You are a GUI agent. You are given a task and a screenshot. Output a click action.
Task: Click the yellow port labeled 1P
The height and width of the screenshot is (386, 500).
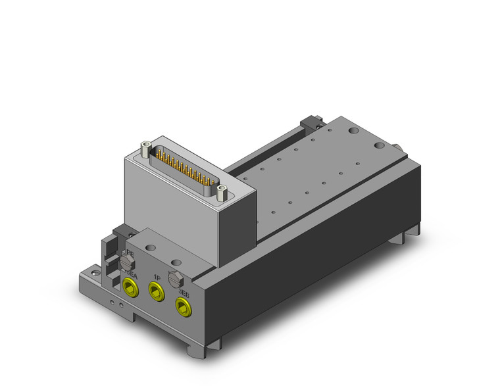click(x=156, y=289)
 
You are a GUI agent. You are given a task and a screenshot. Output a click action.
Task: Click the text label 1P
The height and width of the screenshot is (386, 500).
click(x=158, y=277)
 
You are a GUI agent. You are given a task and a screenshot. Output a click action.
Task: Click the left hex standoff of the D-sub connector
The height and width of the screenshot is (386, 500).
click(x=145, y=149)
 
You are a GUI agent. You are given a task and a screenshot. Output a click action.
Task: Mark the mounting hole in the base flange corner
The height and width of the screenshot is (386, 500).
click(x=95, y=270)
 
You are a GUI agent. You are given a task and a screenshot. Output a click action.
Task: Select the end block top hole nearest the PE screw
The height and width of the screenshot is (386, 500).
click(x=151, y=248)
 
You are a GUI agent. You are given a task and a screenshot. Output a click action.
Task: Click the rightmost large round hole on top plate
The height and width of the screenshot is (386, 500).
click(x=380, y=143)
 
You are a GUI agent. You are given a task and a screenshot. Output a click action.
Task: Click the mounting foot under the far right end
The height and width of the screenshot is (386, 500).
click(x=411, y=231)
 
